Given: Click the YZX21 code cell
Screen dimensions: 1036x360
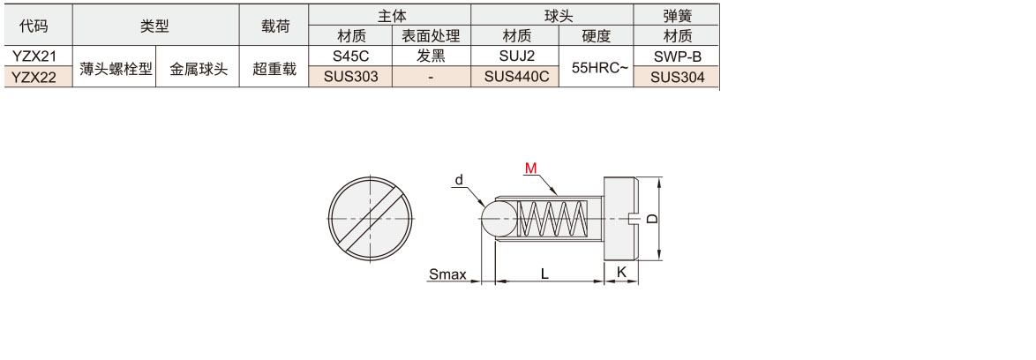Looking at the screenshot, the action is [38, 56].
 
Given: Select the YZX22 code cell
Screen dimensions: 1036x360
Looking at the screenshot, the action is [38, 78].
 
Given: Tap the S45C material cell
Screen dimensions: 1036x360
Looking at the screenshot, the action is [350, 56].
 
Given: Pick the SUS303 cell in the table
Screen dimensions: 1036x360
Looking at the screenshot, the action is [350, 77].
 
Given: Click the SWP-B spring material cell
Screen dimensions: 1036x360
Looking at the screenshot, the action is [677, 56].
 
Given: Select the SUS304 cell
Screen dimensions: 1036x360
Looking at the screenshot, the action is [677, 78].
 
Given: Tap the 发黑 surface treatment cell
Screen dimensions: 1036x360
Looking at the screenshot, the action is [431, 56].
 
